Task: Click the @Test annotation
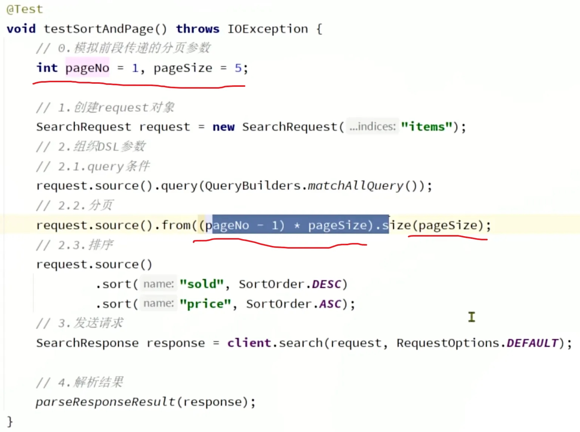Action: pyautogui.click(x=25, y=9)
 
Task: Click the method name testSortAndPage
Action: pyautogui.click(x=98, y=29)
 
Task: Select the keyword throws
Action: pyautogui.click(x=197, y=29)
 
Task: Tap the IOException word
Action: pyautogui.click(x=267, y=29)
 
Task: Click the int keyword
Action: pyautogui.click(x=47, y=68)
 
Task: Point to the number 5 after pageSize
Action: pyautogui.click(x=238, y=68)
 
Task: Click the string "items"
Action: pyautogui.click(x=426, y=127)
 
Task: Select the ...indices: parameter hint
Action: pyautogui.click(x=372, y=126)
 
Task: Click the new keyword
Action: pyautogui.click(x=223, y=127)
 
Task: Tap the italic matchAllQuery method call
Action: pyautogui.click(x=355, y=186)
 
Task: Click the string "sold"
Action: pyautogui.click(x=202, y=284)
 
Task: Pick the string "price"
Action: pyautogui.click(x=205, y=304)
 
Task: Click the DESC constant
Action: pyautogui.click(x=326, y=284)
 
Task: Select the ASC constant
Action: pyautogui.click(x=330, y=304)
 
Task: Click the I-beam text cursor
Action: pyautogui.click(x=472, y=317)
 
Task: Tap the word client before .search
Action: pyautogui.click(x=249, y=343)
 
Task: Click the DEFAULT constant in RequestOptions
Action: pyautogui.click(x=532, y=343)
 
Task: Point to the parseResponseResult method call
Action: pyautogui.click(x=106, y=402)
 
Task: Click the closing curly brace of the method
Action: pyautogui.click(x=10, y=421)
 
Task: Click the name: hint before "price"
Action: pyautogui.click(x=158, y=303)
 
